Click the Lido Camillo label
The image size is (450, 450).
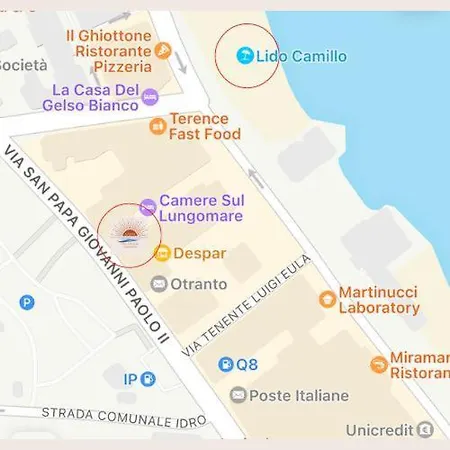pos(301,56)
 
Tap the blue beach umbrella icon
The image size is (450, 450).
pos(244,56)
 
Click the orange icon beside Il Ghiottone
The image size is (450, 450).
pos(163,51)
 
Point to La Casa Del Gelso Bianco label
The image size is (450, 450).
pos(90,98)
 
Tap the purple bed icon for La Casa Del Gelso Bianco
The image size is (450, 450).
pos(150,97)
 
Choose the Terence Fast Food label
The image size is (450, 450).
pos(205,126)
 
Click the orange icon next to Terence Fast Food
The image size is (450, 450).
pos(157,126)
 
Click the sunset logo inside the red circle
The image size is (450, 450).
pos(129,236)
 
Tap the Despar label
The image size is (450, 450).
pos(199,253)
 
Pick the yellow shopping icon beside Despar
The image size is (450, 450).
pos(162,253)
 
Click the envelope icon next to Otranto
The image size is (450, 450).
pos(158,284)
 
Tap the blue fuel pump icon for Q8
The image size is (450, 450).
pos(226,365)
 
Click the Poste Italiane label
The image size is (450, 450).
pos(298,395)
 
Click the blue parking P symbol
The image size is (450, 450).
pos(27,302)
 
